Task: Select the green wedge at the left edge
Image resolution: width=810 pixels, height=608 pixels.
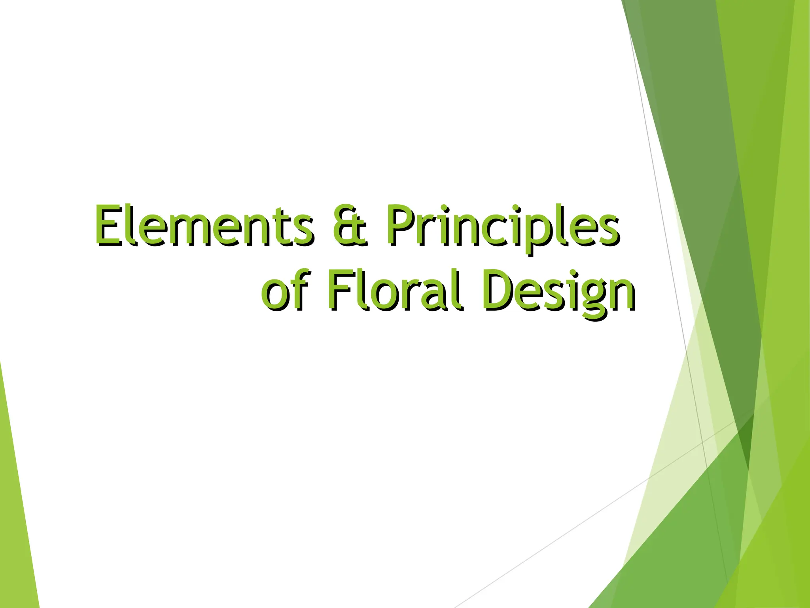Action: tap(16, 515)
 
